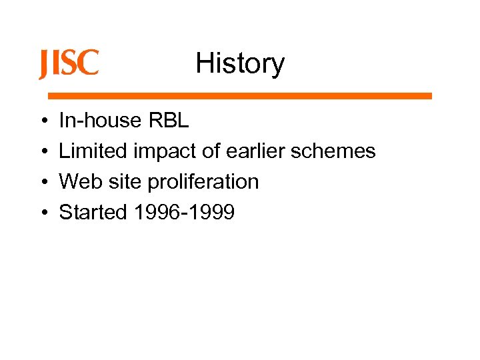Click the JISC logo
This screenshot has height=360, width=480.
coord(69,64)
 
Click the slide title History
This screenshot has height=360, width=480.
coord(240,64)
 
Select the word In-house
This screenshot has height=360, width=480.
coord(101,121)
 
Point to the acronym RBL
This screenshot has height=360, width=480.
coord(169,121)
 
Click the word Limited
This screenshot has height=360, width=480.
coord(93,151)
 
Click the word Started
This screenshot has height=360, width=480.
coord(93,212)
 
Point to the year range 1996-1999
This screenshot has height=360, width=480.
coord(184,212)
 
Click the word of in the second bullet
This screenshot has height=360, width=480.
coord(211,151)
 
